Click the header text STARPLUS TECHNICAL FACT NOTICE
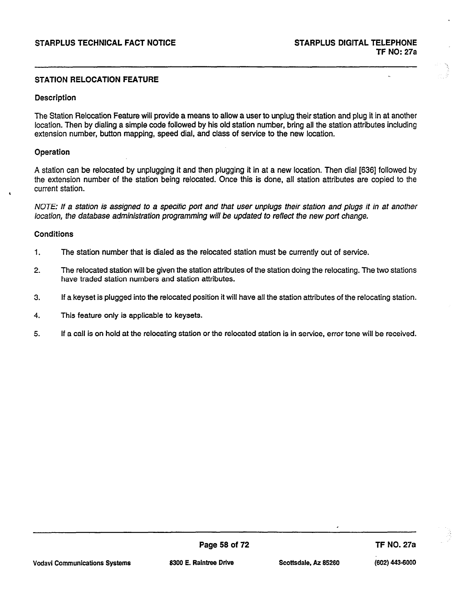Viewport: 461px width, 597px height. [x=105, y=43]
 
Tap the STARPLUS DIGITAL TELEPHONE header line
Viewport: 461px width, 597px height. [x=356, y=43]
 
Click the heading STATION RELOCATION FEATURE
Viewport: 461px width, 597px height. [x=96, y=80]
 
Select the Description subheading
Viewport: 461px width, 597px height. [x=55, y=98]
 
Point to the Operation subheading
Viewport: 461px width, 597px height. [x=52, y=152]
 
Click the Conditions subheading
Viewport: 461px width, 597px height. [x=54, y=234]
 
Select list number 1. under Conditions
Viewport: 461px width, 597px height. [x=37, y=252]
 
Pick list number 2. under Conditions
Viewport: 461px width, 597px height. [x=37, y=270]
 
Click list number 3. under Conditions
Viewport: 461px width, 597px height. [x=37, y=298]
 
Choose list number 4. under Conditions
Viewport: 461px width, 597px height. [x=37, y=316]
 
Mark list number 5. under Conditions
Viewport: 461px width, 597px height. [x=37, y=334]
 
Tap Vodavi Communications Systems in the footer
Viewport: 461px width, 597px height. [x=82, y=563]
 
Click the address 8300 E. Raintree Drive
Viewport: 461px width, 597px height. [x=202, y=563]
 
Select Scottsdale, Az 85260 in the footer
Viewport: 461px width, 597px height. [x=309, y=563]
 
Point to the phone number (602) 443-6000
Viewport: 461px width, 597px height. [x=393, y=563]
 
